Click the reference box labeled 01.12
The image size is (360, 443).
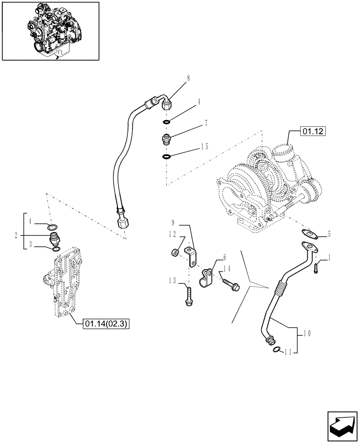[313, 131]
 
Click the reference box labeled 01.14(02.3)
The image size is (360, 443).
[106, 324]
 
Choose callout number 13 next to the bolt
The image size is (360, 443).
[173, 280]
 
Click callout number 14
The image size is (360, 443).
[227, 268]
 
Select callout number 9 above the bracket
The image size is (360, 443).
[173, 221]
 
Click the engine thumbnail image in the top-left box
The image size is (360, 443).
[51, 31]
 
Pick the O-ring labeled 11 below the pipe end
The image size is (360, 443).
[275, 350]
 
